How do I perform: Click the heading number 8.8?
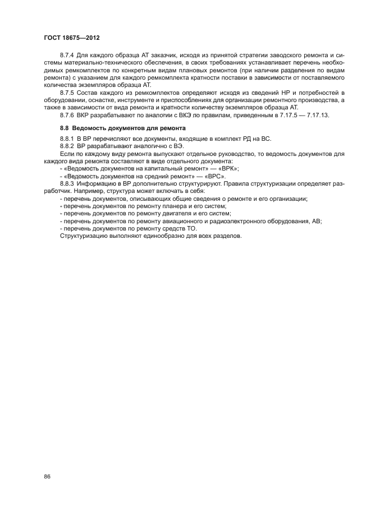point(65,128)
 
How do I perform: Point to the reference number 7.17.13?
point(315,114)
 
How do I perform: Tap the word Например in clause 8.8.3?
point(80,190)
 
